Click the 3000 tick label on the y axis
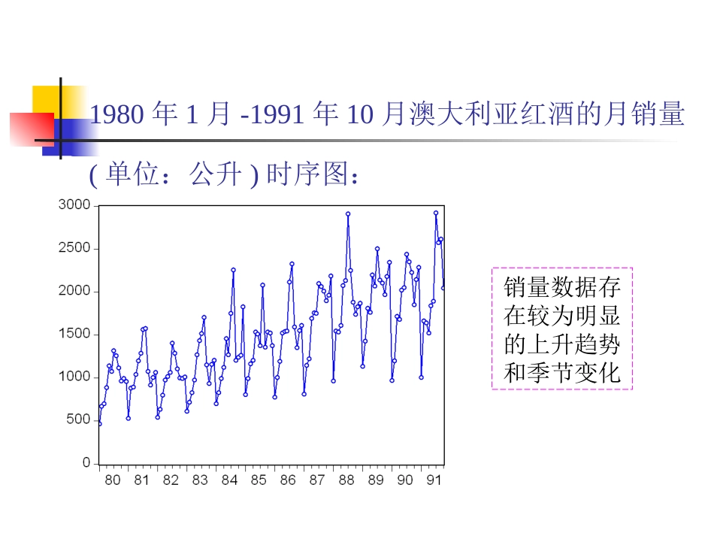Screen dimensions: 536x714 74,205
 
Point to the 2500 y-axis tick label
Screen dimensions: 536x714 74,248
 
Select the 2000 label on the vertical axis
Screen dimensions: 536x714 74,291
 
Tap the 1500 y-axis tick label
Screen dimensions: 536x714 74,334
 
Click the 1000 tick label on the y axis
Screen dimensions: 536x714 74,377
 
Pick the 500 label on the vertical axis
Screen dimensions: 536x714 77,419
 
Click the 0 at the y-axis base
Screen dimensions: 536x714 86,462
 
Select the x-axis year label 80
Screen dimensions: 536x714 112,480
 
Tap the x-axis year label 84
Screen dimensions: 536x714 229,480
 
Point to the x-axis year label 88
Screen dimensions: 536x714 346,480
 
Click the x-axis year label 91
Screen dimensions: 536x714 434,480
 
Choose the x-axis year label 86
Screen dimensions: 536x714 288,480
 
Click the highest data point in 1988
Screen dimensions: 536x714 348,213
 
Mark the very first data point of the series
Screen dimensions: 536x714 99,423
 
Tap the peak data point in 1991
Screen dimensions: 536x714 436,213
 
